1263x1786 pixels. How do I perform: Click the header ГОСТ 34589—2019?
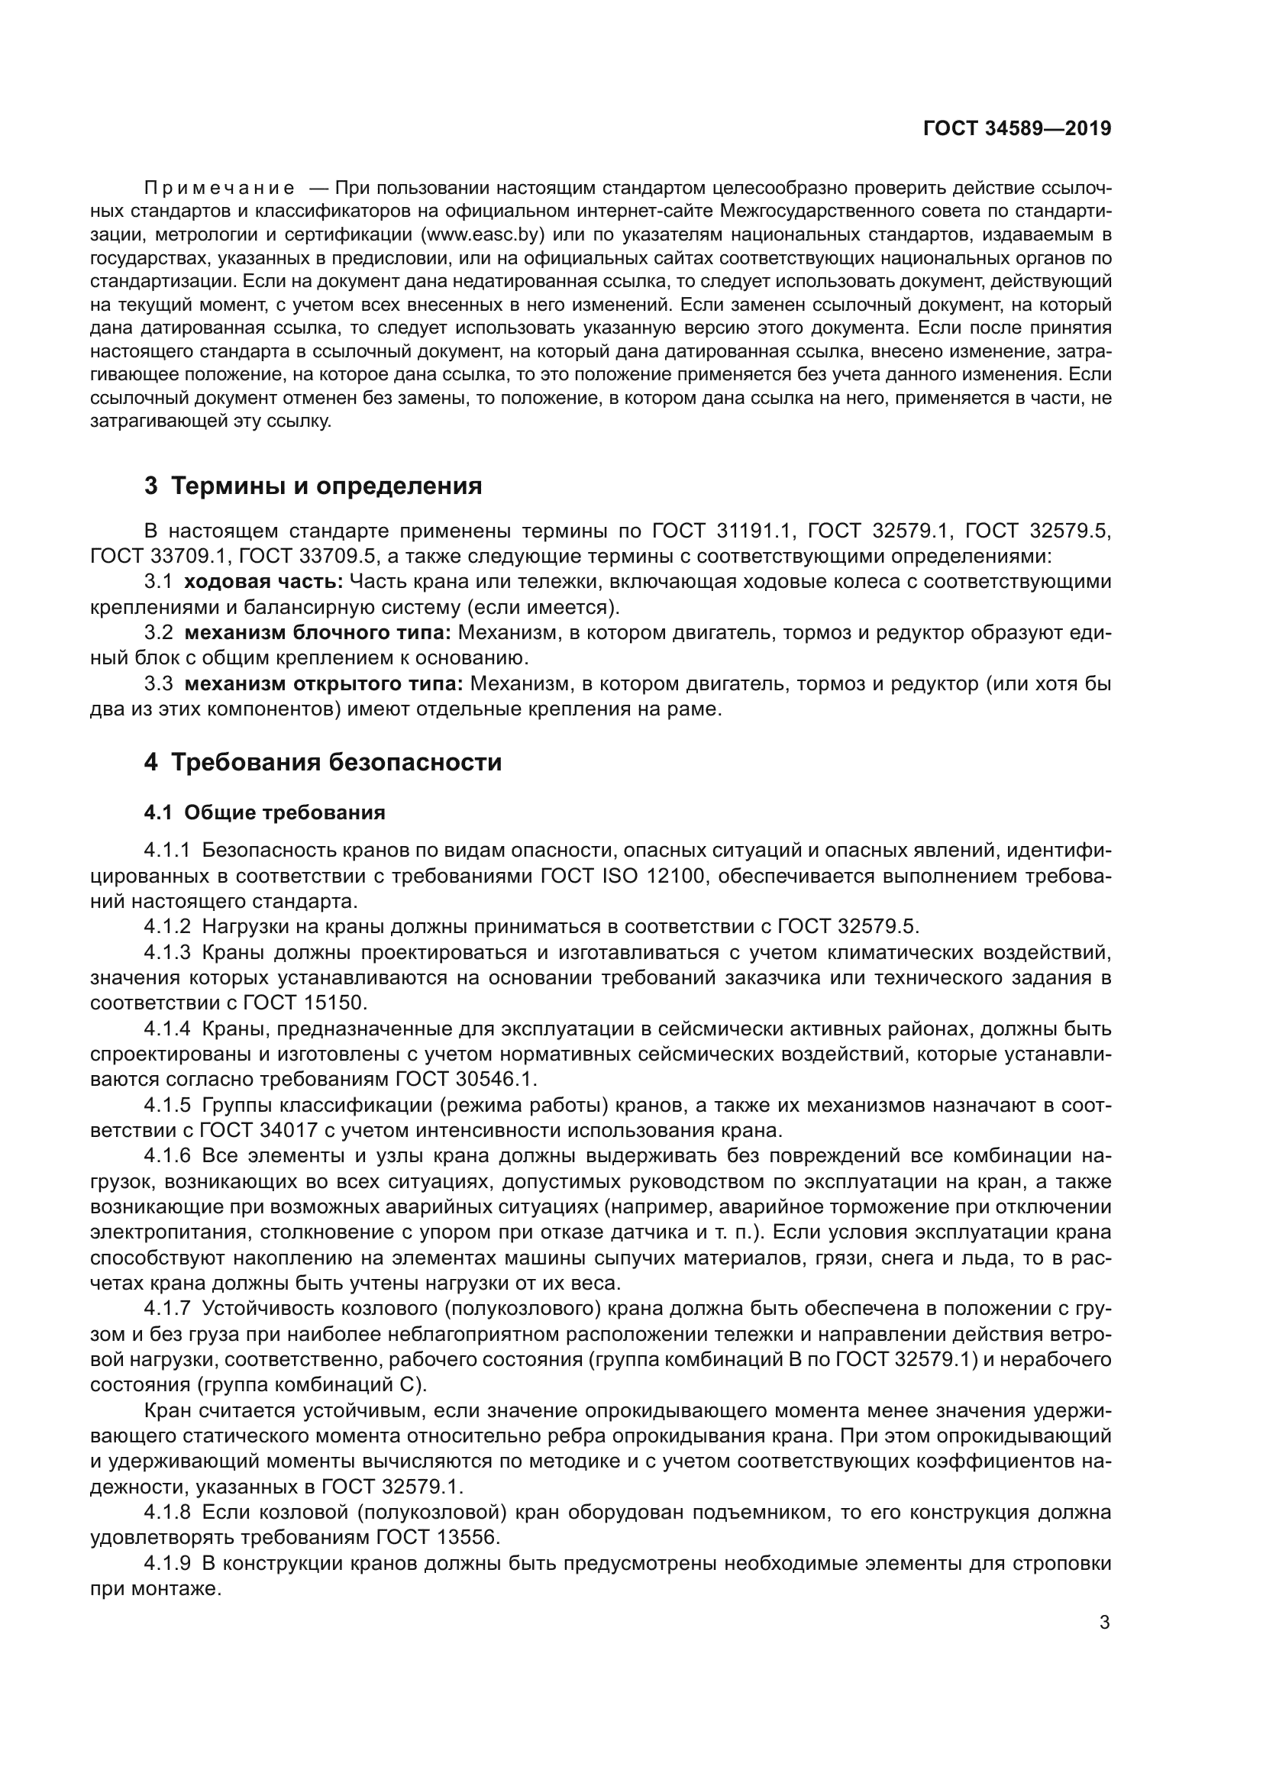pos(1016,128)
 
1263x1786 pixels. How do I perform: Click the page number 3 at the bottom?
pos(1104,1623)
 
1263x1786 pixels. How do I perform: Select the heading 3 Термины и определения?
pos(312,486)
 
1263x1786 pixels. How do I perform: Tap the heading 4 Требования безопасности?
pos(323,762)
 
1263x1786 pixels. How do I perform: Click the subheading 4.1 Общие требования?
pos(264,813)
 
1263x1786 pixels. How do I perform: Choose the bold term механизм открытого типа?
pos(324,684)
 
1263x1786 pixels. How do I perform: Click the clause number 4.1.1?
pos(166,851)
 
